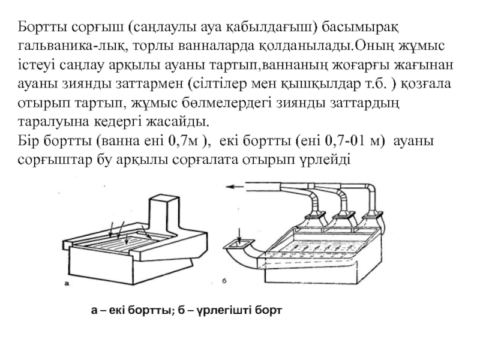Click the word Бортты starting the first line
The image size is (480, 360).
point(40,27)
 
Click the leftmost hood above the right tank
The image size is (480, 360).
point(312,218)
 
